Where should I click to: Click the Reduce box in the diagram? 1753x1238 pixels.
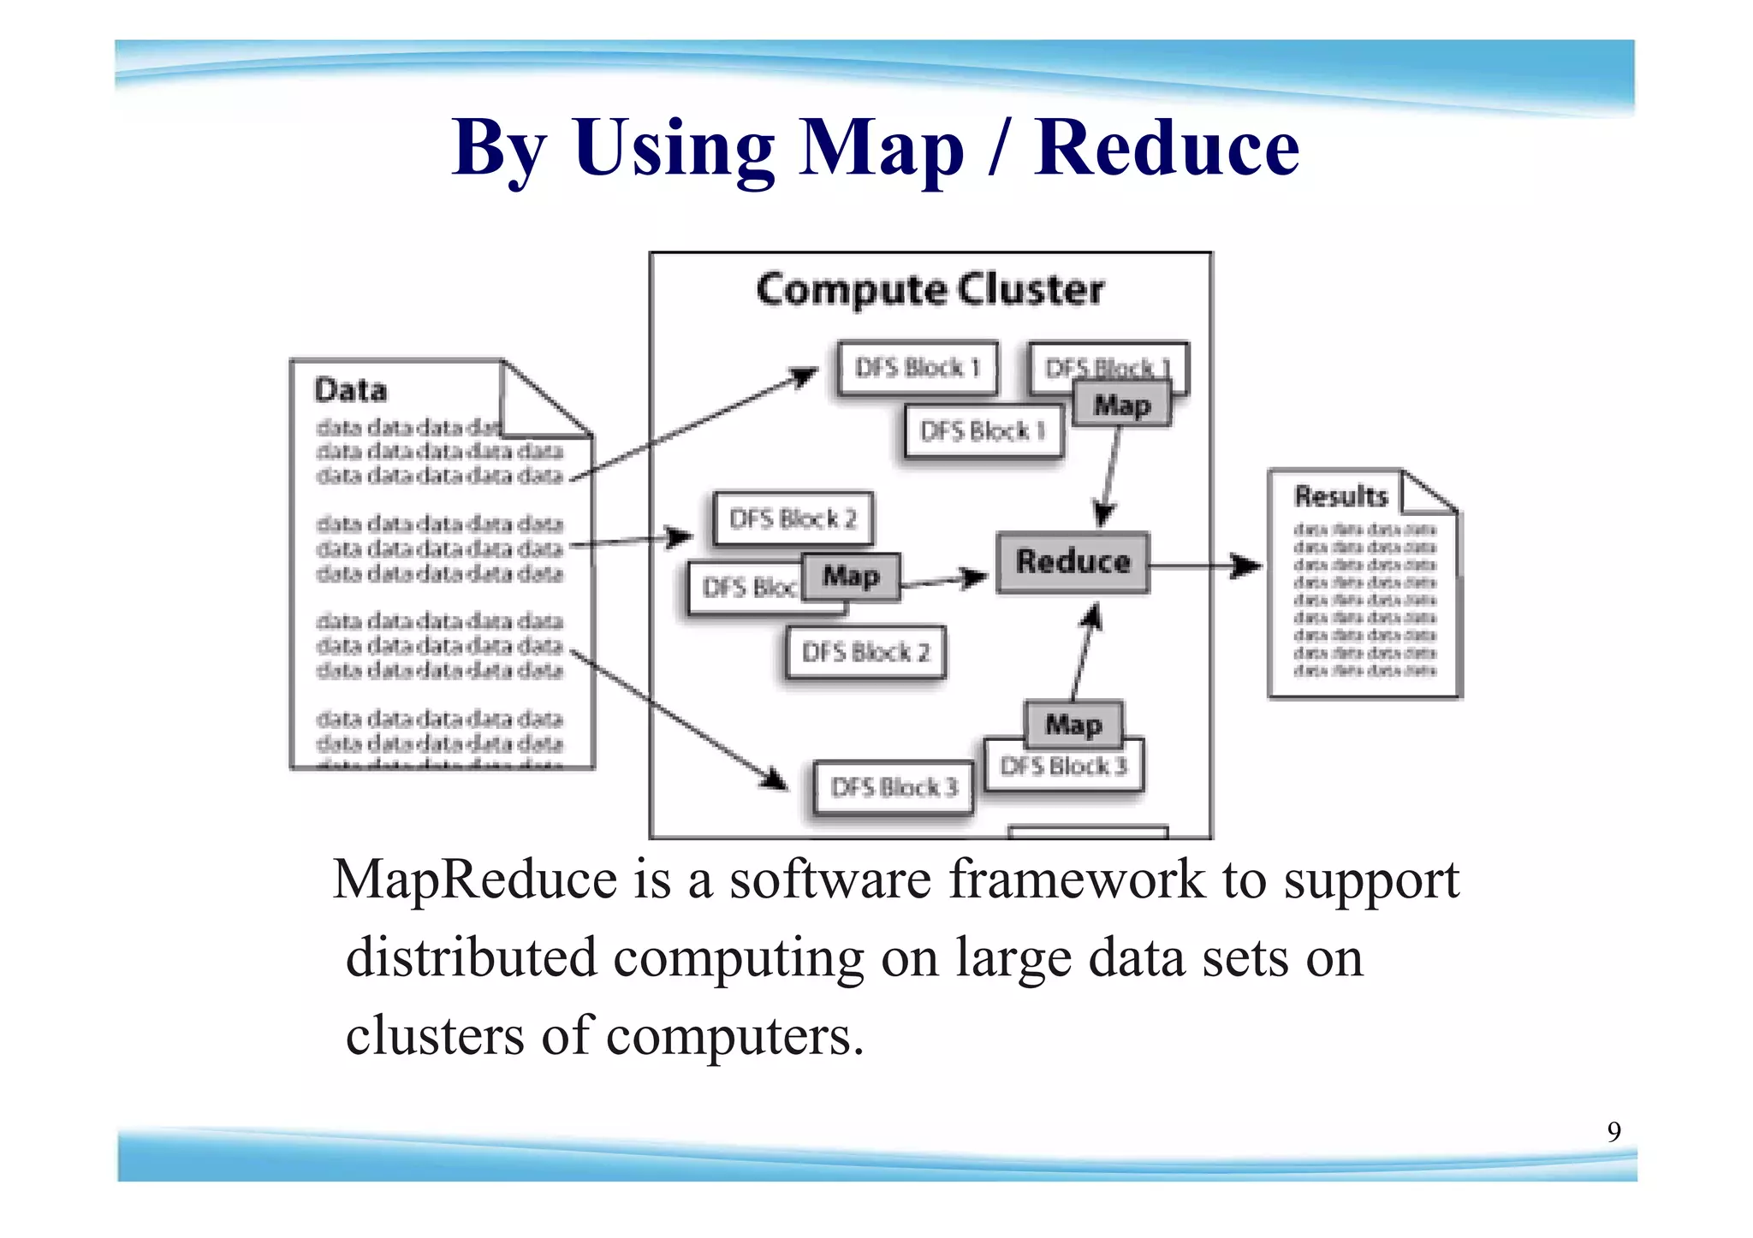point(1073,562)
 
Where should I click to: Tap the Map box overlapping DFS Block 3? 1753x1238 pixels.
point(1073,724)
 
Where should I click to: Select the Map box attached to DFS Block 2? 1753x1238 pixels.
point(851,577)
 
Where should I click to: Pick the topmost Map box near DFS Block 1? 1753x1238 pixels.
point(1121,406)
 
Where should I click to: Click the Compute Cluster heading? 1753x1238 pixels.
point(930,290)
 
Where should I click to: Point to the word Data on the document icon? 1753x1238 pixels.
point(350,391)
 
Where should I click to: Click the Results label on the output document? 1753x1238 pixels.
point(1340,496)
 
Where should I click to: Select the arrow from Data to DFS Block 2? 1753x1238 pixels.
point(631,540)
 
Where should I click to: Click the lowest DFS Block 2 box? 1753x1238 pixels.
point(865,653)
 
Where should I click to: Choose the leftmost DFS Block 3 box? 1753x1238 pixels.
point(893,787)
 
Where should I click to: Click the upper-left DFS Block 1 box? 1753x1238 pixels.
point(917,368)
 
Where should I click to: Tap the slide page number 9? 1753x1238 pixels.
point(1613,1132)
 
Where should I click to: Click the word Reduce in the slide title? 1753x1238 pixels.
point(1166,148)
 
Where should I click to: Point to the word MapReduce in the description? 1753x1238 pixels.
point(475,879)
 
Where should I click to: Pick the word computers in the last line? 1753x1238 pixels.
point(734,1036)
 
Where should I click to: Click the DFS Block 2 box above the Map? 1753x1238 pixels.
point(793,518)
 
